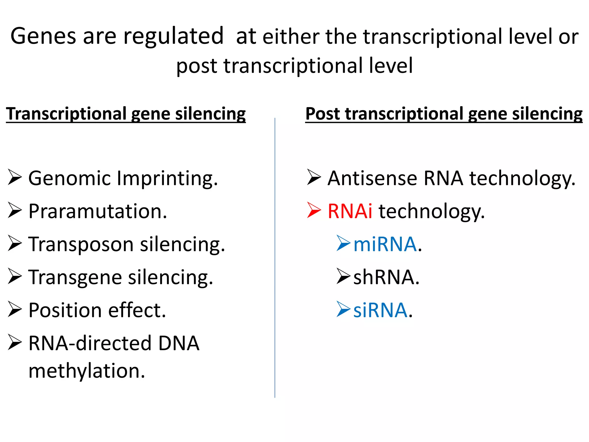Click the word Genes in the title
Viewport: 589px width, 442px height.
coord(43,36)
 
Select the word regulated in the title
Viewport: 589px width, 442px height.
coord(173,36)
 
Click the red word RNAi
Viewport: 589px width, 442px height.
coord(350,211)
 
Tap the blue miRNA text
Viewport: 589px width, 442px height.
coord(385,244)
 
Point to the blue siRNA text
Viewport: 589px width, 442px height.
coord(380,310)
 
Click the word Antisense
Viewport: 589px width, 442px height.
coord(372,178)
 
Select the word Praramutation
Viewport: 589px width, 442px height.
coord(97,211)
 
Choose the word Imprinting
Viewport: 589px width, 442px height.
coord(167,178)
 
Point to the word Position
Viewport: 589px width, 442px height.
coord(65,310)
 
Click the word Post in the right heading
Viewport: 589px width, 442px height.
coord(323,114)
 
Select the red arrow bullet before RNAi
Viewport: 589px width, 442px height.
coord(314,210)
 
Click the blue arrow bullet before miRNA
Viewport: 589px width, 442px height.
coord(343,243)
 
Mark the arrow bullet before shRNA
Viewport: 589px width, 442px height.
coord(343,277)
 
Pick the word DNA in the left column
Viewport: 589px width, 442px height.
coord(179,343)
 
